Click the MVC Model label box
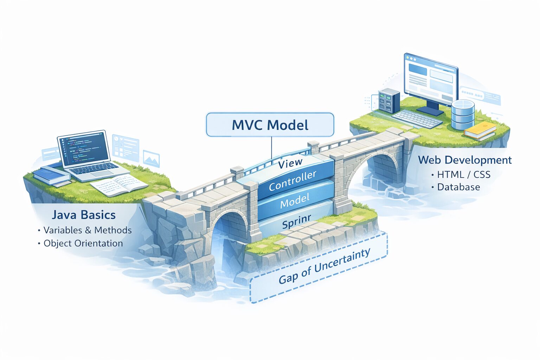point(270,125)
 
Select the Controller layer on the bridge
point(292,181)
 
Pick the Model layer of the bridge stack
point(295,201)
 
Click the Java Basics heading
point(84,215)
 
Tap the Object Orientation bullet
point(83,243)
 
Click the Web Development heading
point(465,160)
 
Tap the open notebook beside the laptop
point(118,185)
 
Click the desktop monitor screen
point(431,79)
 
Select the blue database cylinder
point(462,114)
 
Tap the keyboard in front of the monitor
point(417,118)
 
